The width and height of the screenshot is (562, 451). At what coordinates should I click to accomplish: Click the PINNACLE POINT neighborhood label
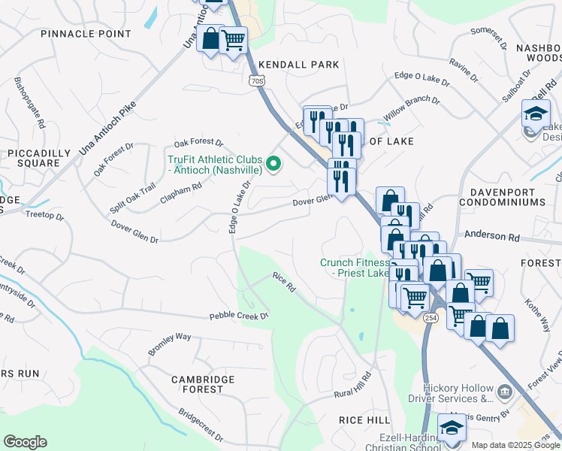coord(86,34)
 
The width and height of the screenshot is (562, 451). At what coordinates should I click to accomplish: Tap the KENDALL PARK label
coord(299,65)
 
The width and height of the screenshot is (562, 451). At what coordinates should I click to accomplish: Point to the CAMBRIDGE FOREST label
coord(198,384)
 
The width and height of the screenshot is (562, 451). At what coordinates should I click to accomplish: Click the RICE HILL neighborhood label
coord(364,419)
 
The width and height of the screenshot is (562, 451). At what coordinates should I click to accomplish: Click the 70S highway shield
coord(256,79)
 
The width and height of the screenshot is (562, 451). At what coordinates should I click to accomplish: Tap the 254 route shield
coord(430,319)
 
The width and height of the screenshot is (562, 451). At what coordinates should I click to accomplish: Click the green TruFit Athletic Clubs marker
coord(274,162)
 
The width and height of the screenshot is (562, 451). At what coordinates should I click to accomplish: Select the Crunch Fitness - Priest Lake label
coord(355,268)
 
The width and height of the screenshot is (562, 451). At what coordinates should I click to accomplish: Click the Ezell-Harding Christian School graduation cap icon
coord(452,428)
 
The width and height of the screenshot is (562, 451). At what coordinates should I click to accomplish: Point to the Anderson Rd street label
coord(492,236)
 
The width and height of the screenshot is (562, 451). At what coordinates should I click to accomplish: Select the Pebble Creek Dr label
coord(239,316)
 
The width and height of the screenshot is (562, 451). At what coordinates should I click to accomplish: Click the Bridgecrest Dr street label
coord(201,425)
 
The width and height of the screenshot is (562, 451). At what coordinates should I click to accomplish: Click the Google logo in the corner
coord(25,441)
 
